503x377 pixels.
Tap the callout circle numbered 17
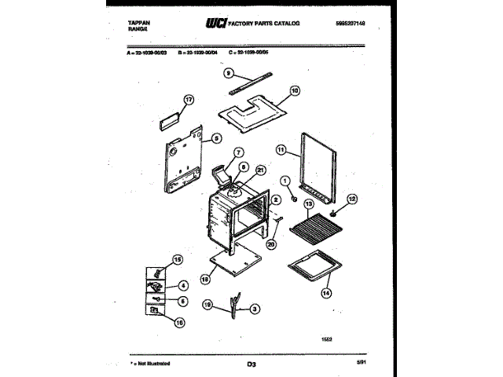(188, 100)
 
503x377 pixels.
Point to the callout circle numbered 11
(281, 149)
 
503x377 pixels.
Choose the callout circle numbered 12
(352, 199)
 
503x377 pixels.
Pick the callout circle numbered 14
(325, 295)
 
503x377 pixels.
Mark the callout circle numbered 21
(261, 170)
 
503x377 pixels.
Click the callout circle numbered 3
(254, 310)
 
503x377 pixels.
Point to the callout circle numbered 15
(177, 259)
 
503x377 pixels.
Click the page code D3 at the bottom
(251, 364)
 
